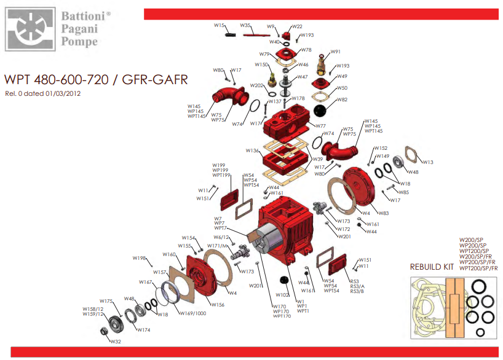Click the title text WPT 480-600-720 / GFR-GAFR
tap(95, 80)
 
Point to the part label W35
tap(245, 25)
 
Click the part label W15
tap(218, 25)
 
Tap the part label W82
tap(341, 100)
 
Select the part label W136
tap(252, 151)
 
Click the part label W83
tap(382, 213)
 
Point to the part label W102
tap(282, 295)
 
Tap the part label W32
tap(116, 342)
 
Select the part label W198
tap(139, 259)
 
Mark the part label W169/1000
tap(192, 313)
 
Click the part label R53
tap(354, 281)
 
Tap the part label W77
tap(320, 126)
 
